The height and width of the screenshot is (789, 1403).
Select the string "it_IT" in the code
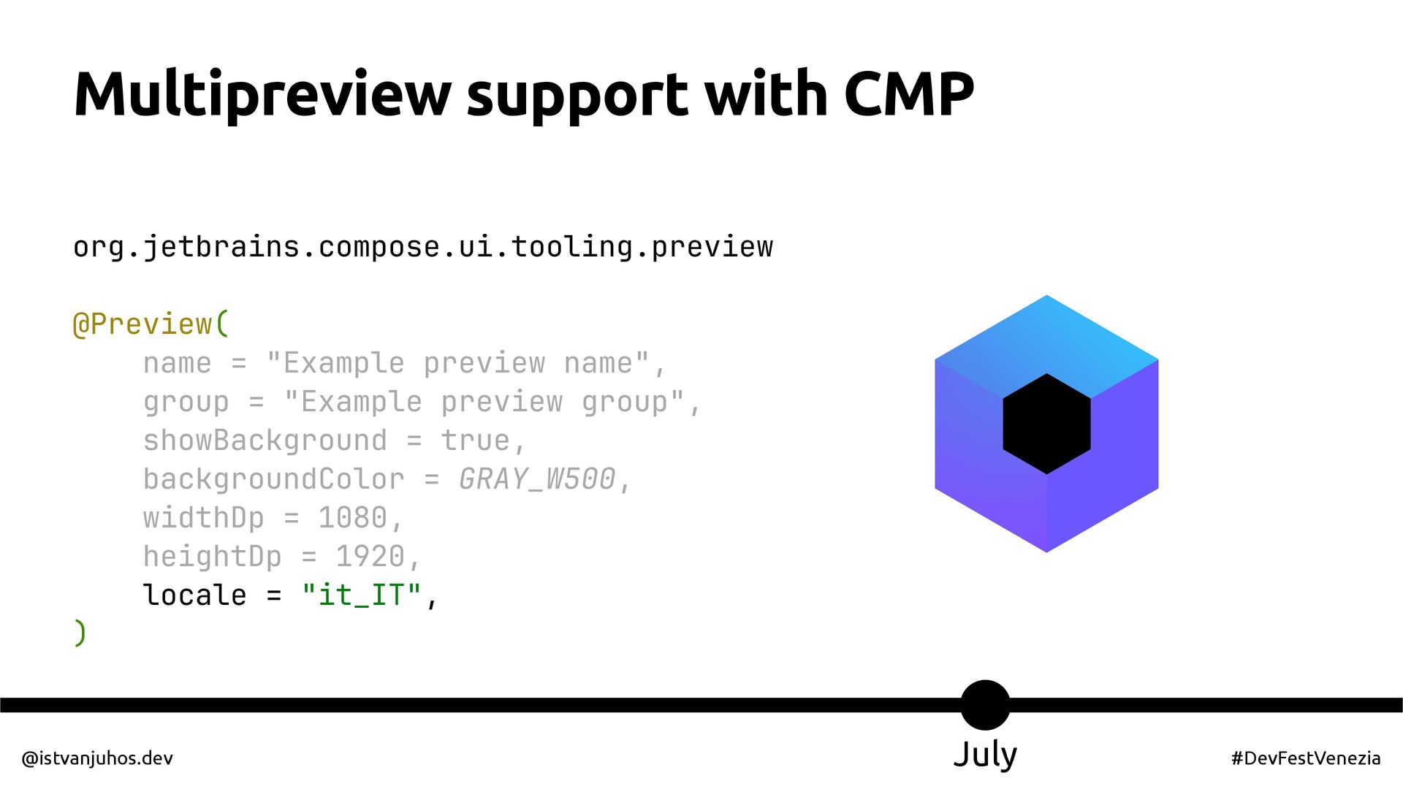click(362, 595)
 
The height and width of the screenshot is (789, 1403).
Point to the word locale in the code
click(194, 595)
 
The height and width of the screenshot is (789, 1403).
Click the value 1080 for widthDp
click(352, 518)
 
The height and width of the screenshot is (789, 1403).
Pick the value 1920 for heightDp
click(370, 557)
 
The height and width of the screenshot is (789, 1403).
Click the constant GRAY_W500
click(537, 479)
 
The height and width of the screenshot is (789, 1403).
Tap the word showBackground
click(265, 441)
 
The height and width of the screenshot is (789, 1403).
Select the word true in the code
click(475, 441)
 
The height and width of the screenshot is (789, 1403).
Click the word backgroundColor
click(273, 479)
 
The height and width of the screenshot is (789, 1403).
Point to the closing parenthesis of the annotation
click(80, 633)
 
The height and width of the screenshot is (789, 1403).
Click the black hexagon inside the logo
click(1046, 424)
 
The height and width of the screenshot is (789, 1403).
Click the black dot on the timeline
click(985, 705)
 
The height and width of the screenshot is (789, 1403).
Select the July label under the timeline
click(985, 755)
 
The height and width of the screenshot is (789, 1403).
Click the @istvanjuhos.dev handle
click(97, 758)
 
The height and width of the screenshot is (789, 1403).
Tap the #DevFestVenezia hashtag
click(1306, 758)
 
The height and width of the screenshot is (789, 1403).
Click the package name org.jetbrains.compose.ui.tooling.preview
click(423, 247)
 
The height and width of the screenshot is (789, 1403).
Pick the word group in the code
click(186, 402)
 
